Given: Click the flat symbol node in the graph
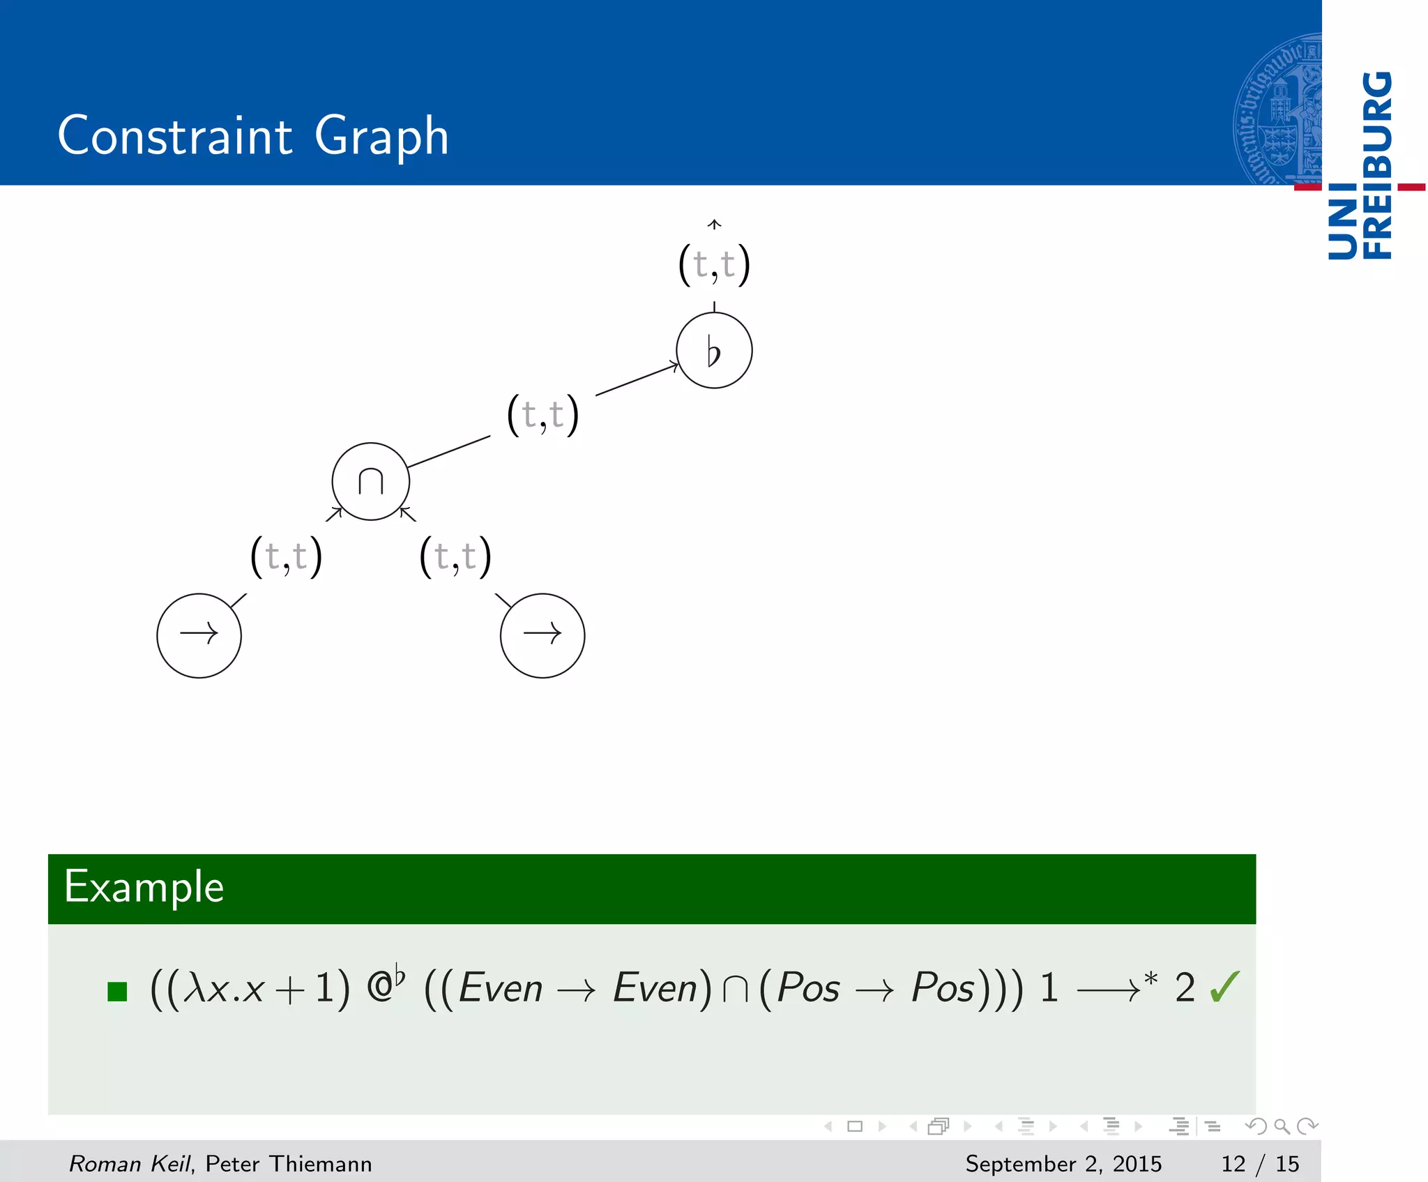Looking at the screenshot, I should click(714, 350).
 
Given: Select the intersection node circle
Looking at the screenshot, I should click(370, 481).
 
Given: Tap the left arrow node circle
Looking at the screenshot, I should click(199, 635).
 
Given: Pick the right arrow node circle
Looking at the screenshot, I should click(542, 635).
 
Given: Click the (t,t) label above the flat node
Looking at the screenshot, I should click(714, 264).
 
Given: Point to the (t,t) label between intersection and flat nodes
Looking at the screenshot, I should click(543, 415).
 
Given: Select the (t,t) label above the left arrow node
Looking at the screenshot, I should click(286, 556).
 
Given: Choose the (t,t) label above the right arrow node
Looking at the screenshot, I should click(455, 556).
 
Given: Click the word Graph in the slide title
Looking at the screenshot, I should click(381, 136).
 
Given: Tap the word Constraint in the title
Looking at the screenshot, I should click(174, 136).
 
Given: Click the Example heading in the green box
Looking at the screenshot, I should click(144, 887).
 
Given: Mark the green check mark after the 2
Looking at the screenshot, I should click(1225, 987).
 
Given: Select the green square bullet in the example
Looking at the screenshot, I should click(117, 991).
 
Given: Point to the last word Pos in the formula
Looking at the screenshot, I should click(943, 987).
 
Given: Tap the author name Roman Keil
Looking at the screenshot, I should click(130, 1163).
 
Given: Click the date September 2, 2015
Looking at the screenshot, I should click(1063, 1163).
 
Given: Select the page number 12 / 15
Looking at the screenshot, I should click(1260, 1163).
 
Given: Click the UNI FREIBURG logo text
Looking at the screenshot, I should click(1360, 165).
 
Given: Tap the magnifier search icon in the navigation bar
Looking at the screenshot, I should click(1282, 1126).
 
